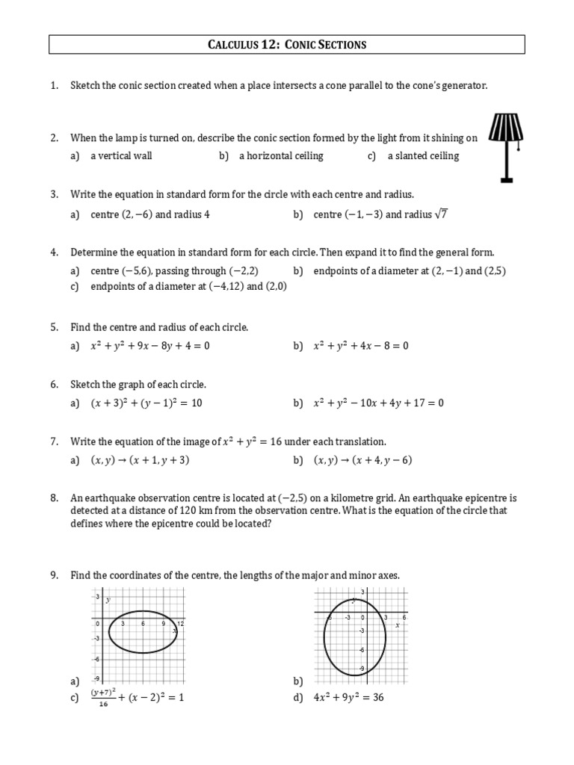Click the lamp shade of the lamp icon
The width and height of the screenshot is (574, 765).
click(506, 128)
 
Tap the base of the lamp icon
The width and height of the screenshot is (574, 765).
click(506, 179)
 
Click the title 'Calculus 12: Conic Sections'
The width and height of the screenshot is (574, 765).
click(287, 45)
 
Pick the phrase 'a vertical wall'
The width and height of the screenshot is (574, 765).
click(121, 156)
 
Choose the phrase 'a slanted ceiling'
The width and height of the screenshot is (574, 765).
click(423, 156)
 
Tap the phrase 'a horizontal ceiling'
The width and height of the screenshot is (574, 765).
click(281, 156)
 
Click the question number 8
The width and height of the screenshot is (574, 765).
click(54, 498)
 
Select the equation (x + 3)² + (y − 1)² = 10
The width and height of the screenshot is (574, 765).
click(146, 403)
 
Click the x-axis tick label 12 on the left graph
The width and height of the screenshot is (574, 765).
click(180, 623)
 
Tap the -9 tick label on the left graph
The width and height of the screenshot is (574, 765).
click(96, 678)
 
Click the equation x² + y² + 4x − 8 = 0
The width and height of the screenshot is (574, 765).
click(361, 346)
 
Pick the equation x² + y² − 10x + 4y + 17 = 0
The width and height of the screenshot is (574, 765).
click(379, 403)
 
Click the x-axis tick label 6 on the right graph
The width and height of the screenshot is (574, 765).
click(404, 617)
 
